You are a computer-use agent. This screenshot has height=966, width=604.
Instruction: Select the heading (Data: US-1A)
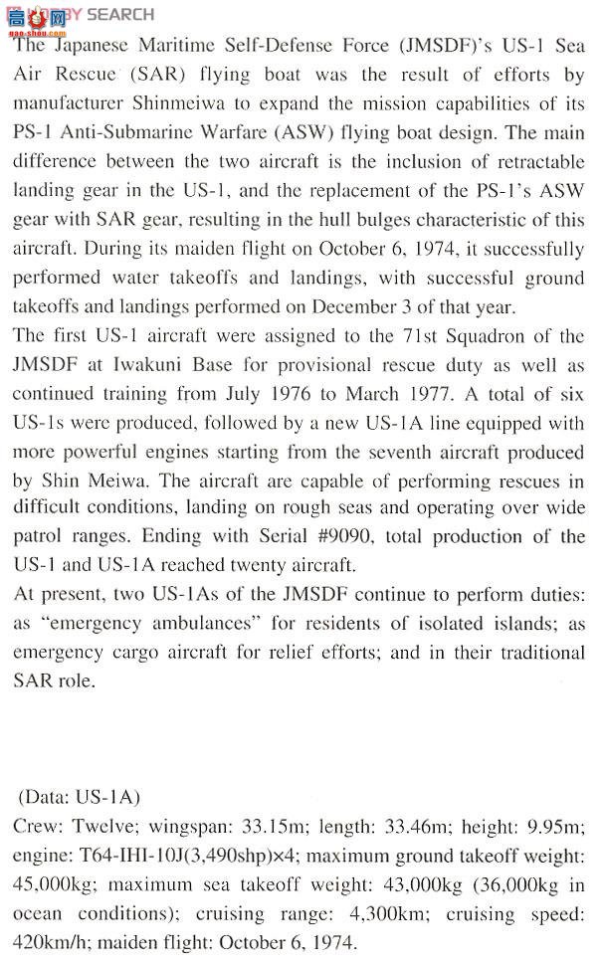[80, 798]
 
